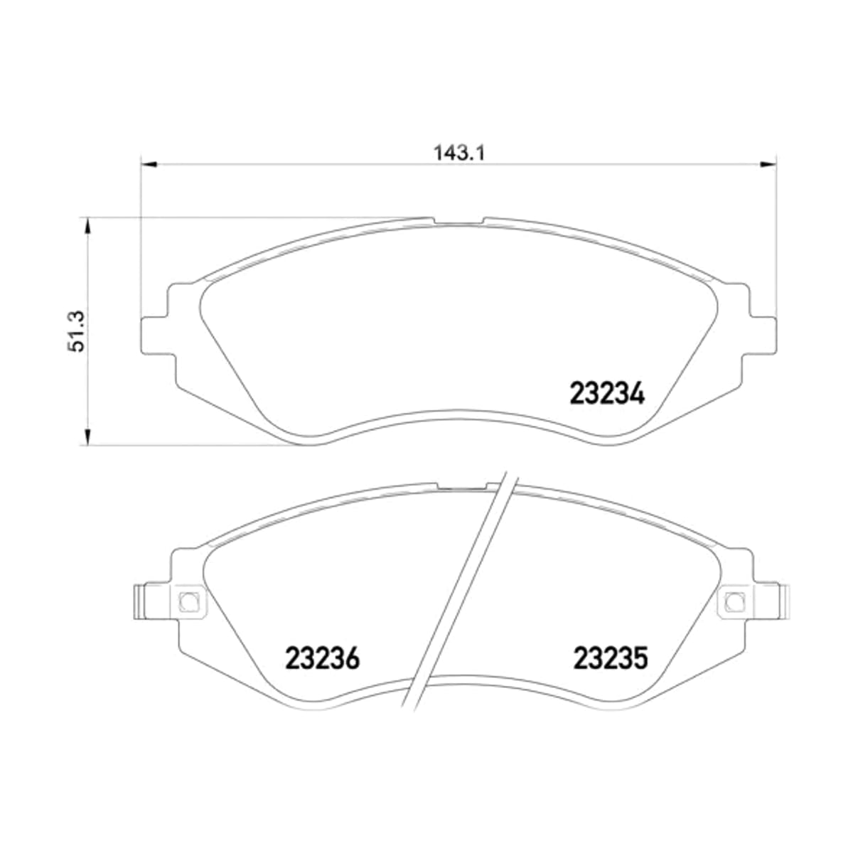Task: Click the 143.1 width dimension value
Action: coord(459,153)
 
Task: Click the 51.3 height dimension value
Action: coord(77,331)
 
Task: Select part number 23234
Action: coord(607,394)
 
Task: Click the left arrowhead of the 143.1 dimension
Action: coord(149,165)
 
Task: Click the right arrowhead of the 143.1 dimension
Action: coord(768,165)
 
